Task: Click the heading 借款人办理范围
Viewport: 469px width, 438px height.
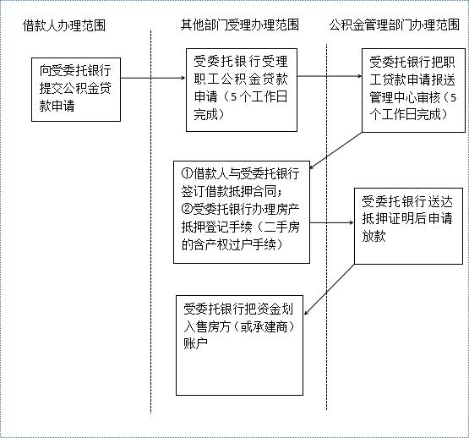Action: coord(64,25)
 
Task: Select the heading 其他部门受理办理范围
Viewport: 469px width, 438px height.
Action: coord(240,25)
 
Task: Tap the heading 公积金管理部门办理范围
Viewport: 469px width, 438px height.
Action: coord(395,25)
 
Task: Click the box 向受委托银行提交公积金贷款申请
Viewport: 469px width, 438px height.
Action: coord(76,90)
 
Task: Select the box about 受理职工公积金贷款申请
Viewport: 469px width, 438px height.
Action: coord(242,90)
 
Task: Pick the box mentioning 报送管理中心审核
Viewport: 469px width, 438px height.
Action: coord(413,90)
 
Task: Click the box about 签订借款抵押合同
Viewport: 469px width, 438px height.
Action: coord(242,212)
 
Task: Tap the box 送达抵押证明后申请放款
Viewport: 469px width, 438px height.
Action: coord(408,226)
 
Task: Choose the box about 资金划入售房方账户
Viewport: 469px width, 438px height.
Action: coord(239,345)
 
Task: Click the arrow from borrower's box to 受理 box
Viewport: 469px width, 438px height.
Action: coord(153,78)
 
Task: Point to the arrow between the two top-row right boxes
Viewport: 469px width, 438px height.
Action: coord(330,76)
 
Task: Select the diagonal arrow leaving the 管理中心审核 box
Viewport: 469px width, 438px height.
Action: coord(335,151)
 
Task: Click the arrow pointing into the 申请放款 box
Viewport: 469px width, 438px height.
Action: coord(332,222)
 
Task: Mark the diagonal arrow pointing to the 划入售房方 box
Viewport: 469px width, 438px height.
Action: coord(330,289)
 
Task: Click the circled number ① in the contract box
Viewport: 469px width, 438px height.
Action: coord(187,173)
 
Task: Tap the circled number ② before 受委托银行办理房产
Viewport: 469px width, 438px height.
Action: coord(187,209)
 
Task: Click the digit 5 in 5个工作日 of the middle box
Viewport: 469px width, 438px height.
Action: coord(234,97)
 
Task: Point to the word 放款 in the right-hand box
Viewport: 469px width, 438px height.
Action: coord(374,236)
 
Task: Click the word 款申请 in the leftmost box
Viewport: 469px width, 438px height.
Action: coord(57,106)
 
